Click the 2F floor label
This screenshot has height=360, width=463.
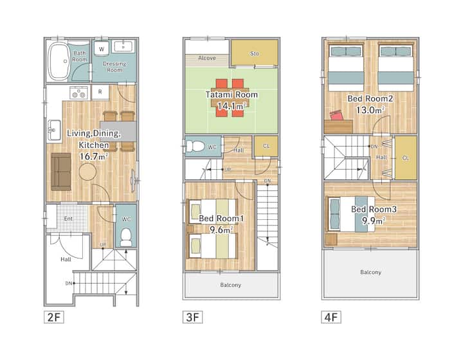[x=54, y=317]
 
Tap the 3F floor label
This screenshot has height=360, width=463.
[x=192, y=317]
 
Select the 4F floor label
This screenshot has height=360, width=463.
[x=331, y=317]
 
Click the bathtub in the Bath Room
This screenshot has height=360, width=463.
[x=58, y=61]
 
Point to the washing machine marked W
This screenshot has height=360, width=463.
[x=102, y=48]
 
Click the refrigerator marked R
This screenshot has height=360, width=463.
[x=100, y=92]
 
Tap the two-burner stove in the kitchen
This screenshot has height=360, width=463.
[x=79, y=93]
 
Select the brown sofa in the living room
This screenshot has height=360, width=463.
[x=61, y=172]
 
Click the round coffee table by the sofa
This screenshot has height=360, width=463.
[x=87, y=172]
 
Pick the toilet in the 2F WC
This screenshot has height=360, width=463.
[x=126, y=237]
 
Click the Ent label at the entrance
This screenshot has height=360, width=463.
[x=68, y=219]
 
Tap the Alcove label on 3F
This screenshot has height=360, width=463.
[x=206, y=58]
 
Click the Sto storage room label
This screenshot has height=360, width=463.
[x=255, y=53]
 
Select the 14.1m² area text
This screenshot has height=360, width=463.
[x=232, y=106]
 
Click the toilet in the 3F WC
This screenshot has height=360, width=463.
[x=195, y=146]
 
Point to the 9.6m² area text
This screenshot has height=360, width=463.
[x=221, y=230]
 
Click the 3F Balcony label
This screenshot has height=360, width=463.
[x=231, y=285]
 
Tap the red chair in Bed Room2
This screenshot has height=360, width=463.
[x=336, y=115]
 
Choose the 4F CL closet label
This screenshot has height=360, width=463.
[x=406, y=158]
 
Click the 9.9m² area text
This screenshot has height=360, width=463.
[x=374, y=221]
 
